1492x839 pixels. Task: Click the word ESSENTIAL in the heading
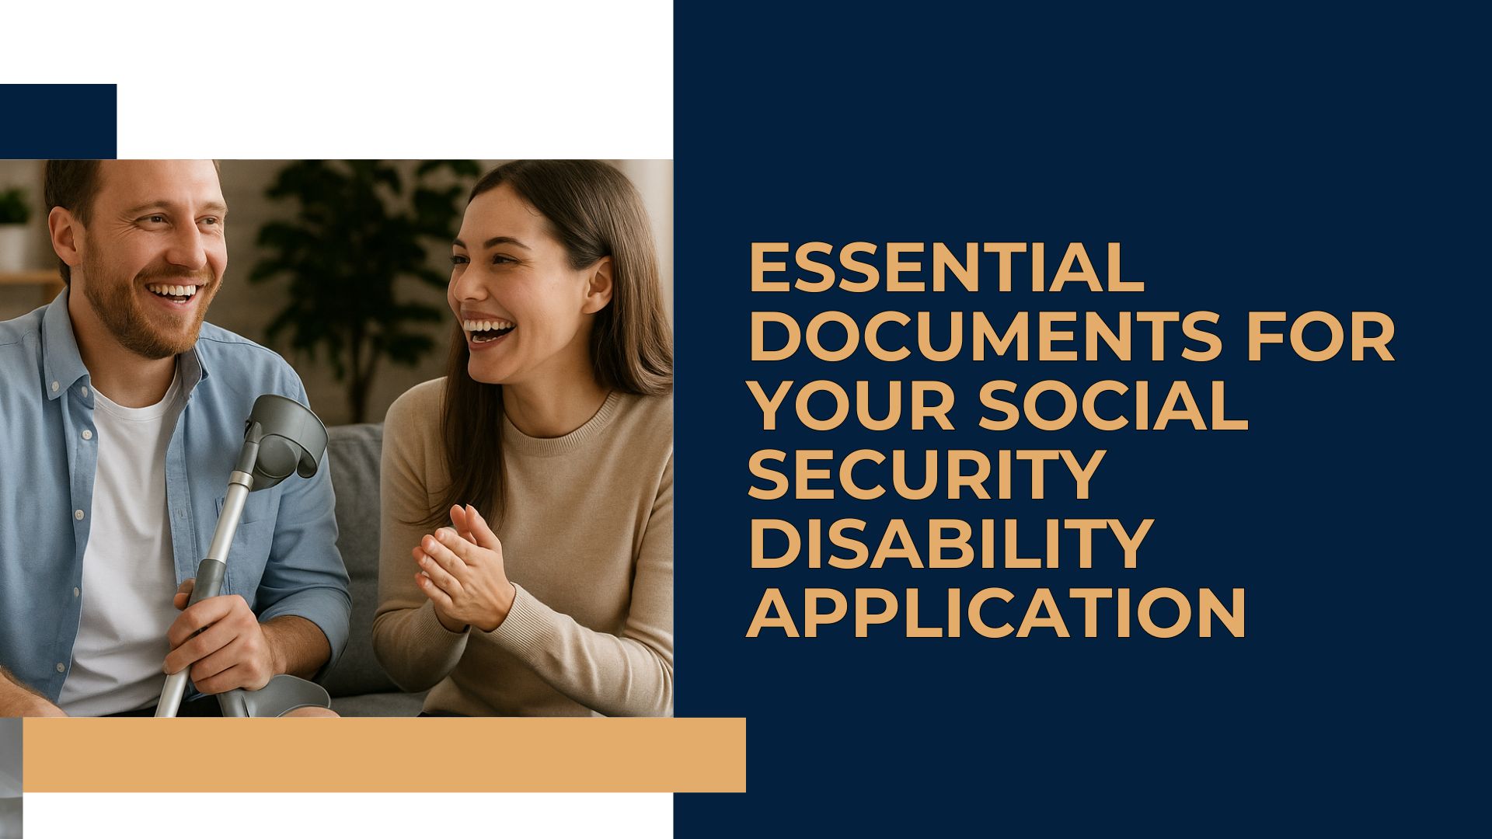pyautogui.click(x=946, y=268)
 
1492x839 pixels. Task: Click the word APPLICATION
pyautogui.click(x=996, y=613)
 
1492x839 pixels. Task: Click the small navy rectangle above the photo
pyautogui.click(x=58, y=121)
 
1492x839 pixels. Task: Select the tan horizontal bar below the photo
pyautogui.click(x=385, y=755)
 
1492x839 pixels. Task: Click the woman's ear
pyautogui.click(x=599, y=284)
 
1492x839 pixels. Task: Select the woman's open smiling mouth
pyautogui.click(x=487, y=329)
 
